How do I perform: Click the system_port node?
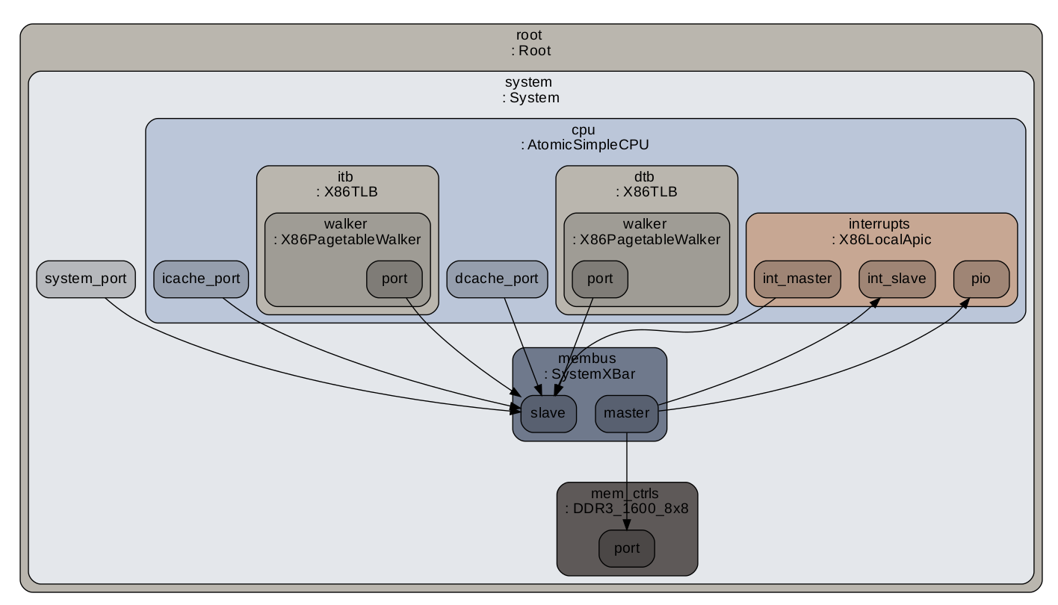[x=86, y=279]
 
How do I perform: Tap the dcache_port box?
[x=497, y=279]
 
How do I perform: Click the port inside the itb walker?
[x=395, y=279]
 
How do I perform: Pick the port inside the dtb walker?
[x=600, y=279]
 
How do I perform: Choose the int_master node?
[x=797, y=279]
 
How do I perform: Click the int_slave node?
[x=897, y=279]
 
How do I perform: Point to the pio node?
[x=981, y=279]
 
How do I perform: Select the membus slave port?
[x=548, y=413]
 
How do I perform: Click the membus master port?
[x=626, y=413]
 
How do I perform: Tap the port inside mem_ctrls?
[x=626, y=549]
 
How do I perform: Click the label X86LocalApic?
[x=882, y=240]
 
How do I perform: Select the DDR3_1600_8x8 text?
[x=626, y=509]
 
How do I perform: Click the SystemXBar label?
[x=590, y=374]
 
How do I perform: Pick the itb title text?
[x=345, y=177]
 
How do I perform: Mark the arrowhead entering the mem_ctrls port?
[x=626, y=526]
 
